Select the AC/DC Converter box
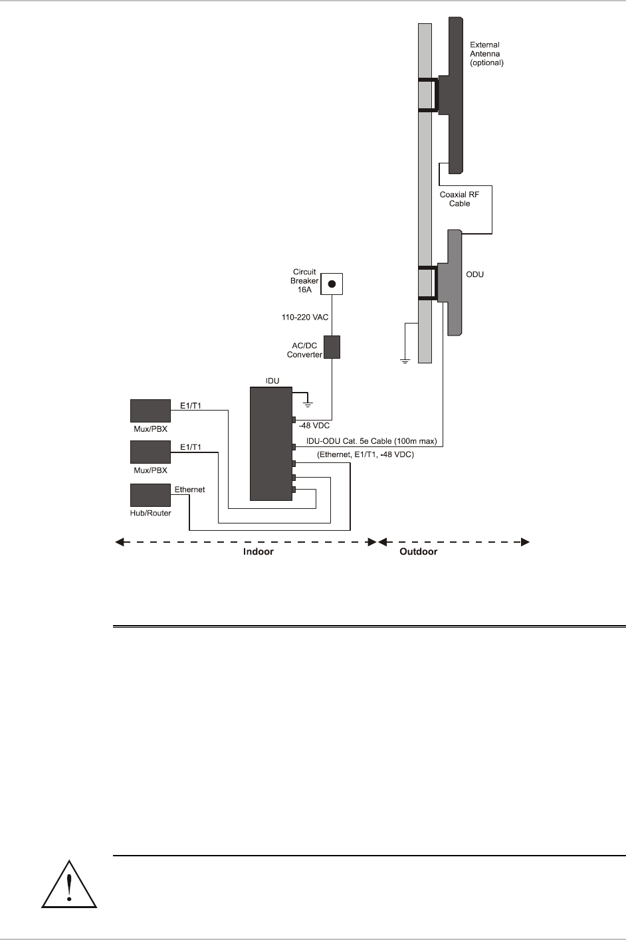tap(332, 347)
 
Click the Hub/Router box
tap(150, 496)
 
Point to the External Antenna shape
tap(455, 93)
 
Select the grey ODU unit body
tap(454, 282)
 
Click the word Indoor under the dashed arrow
tap(258, 552)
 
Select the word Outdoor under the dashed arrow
tap(418, 552)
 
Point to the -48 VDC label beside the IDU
tap(314, 425)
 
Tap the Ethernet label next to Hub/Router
tap(189, 490)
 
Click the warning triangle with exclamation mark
tap(70, 885)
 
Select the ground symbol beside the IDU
tap(307, 401)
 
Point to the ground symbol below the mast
tap(404, 361)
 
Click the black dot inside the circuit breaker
tap(333, 284)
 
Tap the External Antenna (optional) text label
tap(486, 54)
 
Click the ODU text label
tap(474, 274)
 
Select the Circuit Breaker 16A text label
tap(304, 281)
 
